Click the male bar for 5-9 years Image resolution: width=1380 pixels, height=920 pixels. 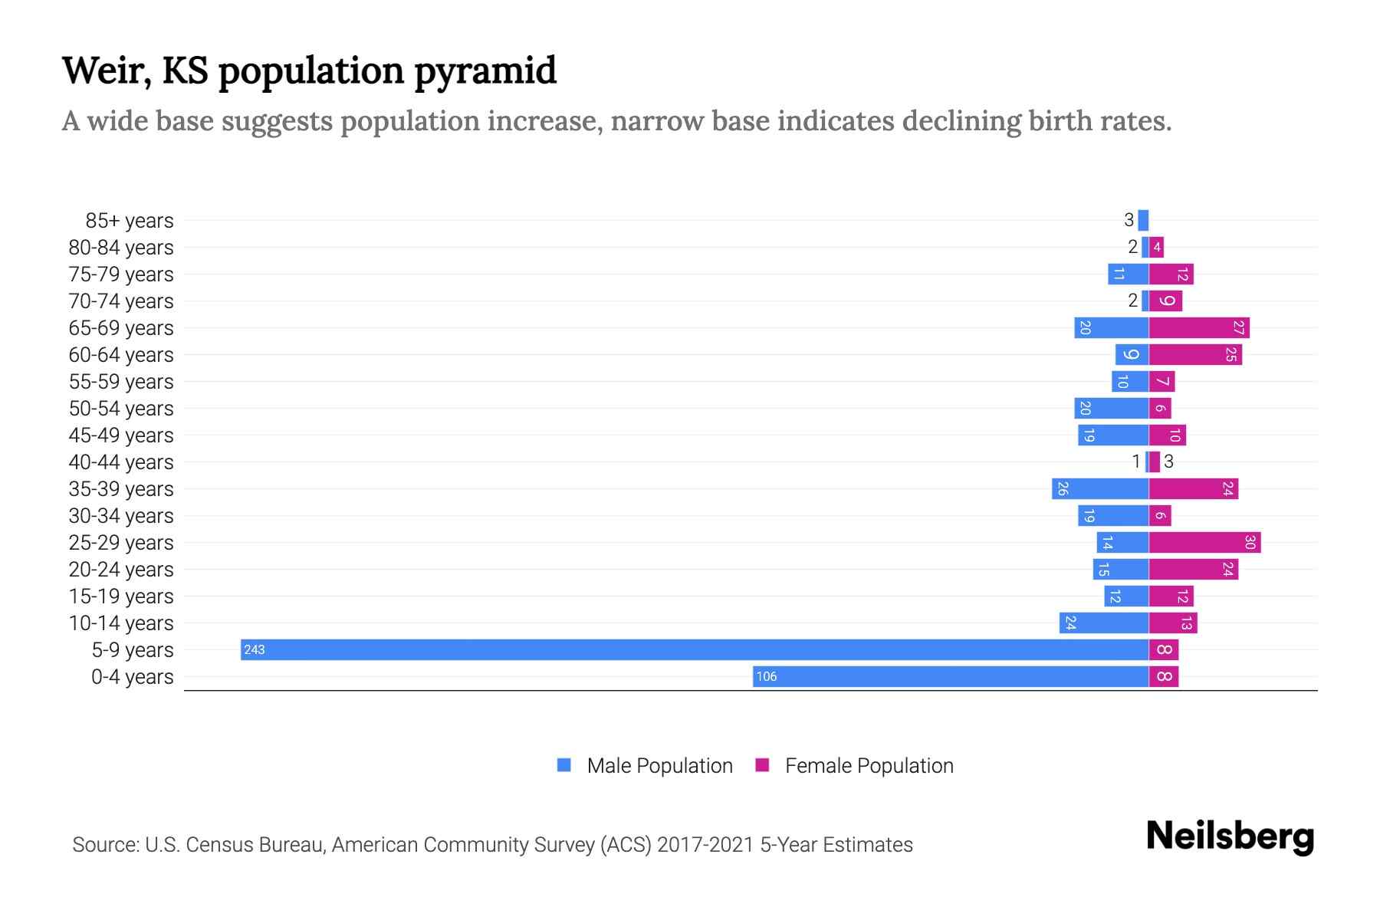tap(694, 649)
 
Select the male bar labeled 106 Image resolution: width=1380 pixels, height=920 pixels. tap(951, 676)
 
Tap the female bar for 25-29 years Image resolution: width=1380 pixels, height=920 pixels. tap(1204, 542)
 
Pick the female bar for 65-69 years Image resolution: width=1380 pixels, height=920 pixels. tap(1199, 327)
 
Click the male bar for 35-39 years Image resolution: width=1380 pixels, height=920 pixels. tap(1100, 488)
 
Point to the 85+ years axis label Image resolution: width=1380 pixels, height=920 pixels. tap(129, 221)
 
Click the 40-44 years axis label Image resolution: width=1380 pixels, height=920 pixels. tap(121, 462)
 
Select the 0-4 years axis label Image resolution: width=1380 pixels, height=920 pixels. tap(132, 677)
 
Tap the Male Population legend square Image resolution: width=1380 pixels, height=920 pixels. tap(564, 765)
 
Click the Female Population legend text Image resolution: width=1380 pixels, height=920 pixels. tap(869, 765)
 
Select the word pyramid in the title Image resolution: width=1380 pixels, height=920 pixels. tap(485, 71)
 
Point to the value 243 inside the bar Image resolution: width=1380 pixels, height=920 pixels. tap(254, 650)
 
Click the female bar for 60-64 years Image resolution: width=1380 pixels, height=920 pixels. tap(1195, 354)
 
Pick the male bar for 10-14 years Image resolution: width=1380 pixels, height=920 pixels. tap(1104, 623)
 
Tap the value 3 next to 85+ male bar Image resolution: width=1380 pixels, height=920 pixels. tap(1129, 221)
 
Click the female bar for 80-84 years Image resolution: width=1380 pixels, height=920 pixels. tap(1156, 247)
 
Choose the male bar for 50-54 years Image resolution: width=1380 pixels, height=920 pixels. tap(1111, 408)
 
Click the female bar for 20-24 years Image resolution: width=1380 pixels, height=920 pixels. tap(1194, 569)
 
